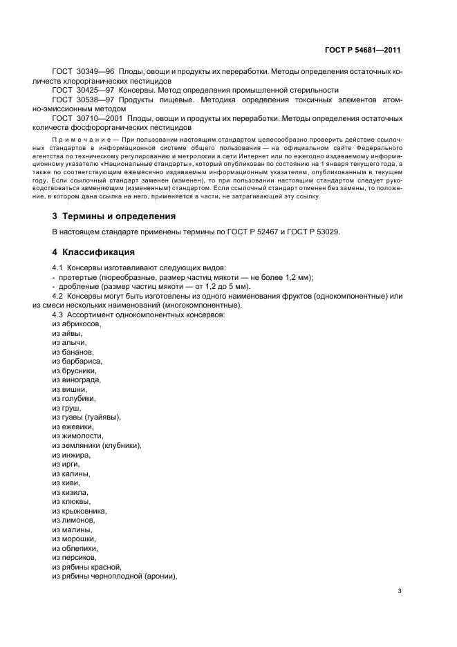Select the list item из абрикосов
point(77,324)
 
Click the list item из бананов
point(73,352)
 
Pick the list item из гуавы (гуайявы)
point(86,418)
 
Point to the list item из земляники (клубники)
point(97,445)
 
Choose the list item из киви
point(66,482)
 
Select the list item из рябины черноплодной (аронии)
point(115,576)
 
